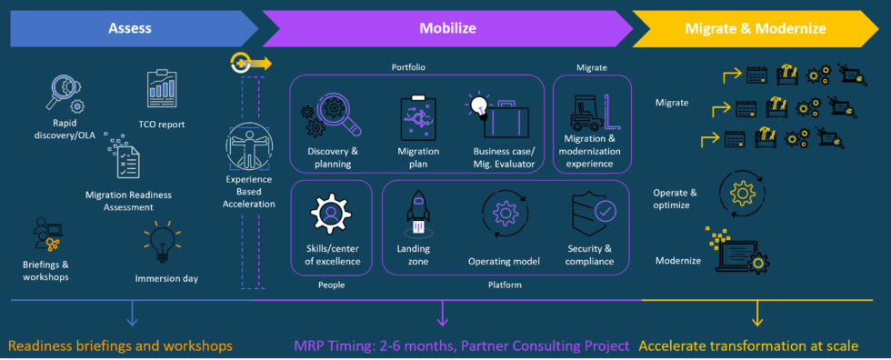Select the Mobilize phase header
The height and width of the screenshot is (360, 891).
click(x=447, y=28)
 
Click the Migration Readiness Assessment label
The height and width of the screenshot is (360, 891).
click(x=128, y=200)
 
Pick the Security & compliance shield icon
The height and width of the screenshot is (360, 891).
click(x=589, y=212)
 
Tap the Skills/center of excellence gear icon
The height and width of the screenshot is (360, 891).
click(x=331, y=213)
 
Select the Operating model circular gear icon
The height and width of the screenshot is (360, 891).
click(x=504, y=214)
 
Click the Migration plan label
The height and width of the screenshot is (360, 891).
click(x=418, y=157)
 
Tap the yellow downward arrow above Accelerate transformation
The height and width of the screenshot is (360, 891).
click(x=756, y=313)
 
